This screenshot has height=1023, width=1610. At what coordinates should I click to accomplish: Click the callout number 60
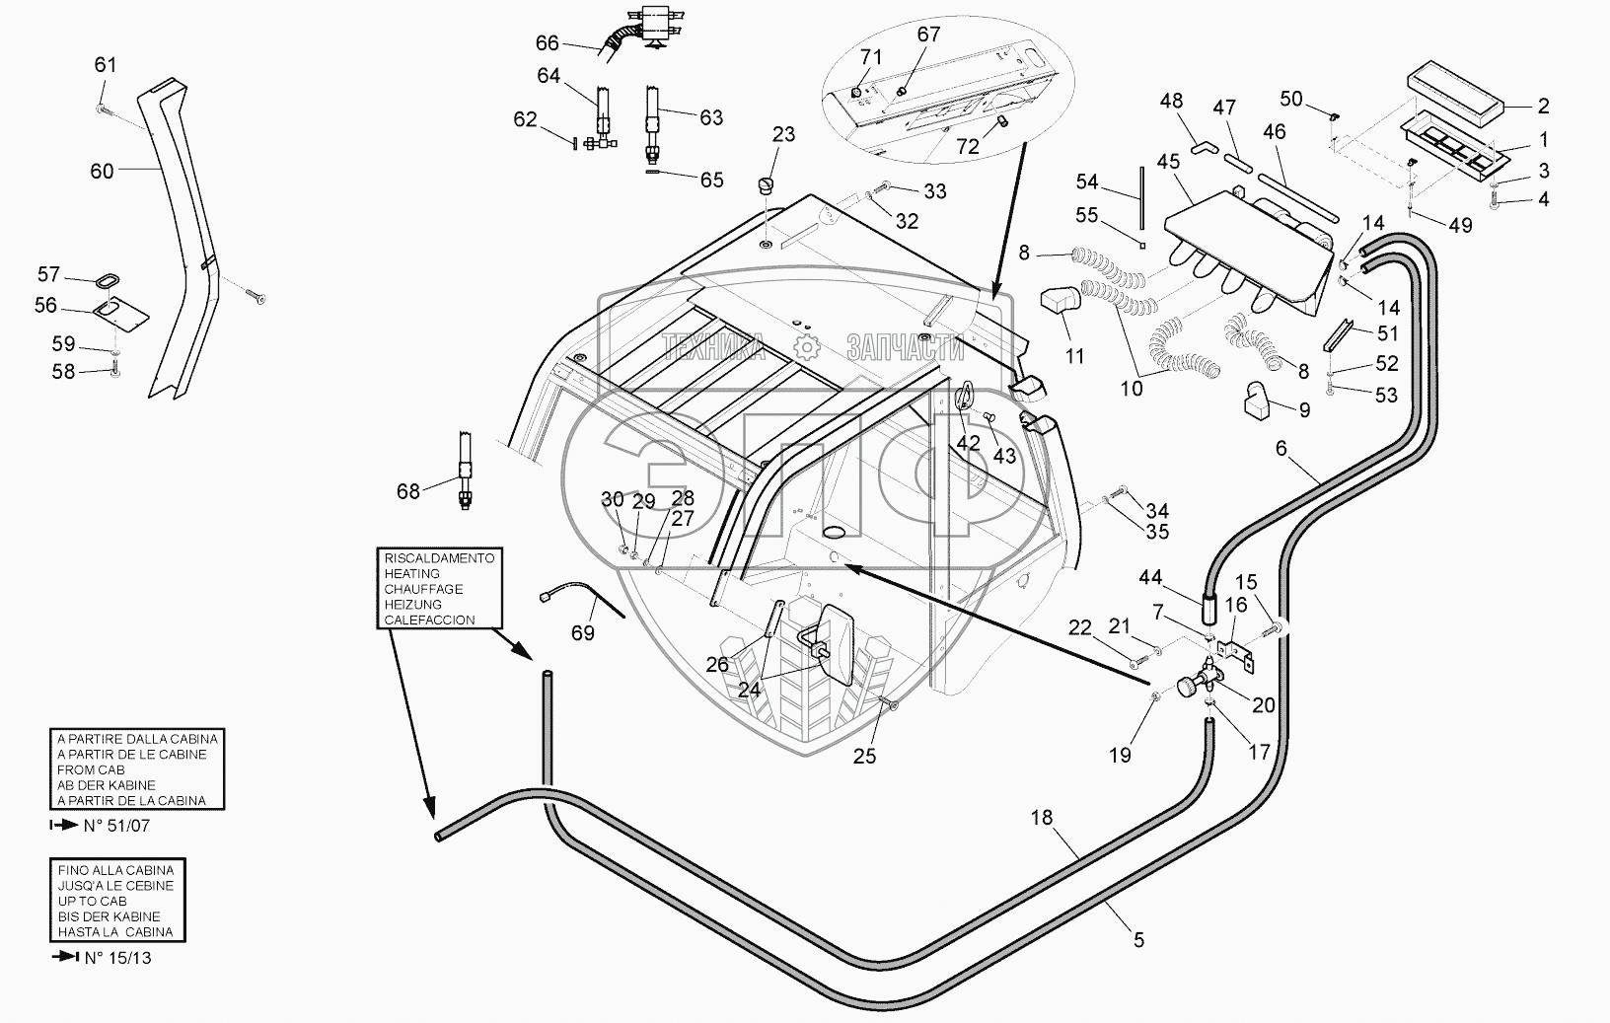[x=102, y=171]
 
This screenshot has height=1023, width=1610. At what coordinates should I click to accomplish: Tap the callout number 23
[x=783, y=134]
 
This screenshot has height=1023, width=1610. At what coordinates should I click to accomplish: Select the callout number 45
[x=1169, y=162]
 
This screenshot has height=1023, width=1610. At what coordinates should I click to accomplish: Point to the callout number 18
[x=1042, y=818]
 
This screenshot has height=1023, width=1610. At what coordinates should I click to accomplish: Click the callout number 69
[x=583, y=632]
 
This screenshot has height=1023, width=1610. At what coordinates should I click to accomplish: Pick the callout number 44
[x=1151, y=577]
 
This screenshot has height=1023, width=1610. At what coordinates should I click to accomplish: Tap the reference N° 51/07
[x=116, y=826]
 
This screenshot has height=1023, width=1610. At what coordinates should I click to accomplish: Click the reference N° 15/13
[x=117, y=957]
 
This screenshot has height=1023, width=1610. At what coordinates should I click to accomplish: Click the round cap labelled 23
[x=767, y=185]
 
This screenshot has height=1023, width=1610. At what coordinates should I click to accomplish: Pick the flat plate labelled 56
[x=120, y=313]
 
